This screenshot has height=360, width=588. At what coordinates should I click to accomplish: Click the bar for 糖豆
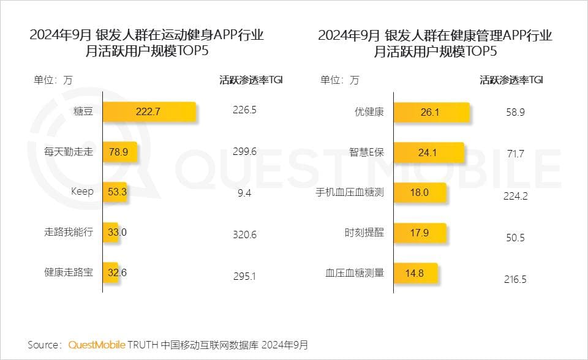coord(149,111)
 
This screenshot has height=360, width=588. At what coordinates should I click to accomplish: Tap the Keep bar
coord(115,192)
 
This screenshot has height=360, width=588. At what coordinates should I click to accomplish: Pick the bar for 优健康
coord(431,113)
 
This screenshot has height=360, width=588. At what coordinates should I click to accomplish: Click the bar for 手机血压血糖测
coord(420,193)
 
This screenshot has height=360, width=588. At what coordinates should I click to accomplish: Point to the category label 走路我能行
coord(69,232)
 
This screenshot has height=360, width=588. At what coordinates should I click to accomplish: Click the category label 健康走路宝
coord(69,272)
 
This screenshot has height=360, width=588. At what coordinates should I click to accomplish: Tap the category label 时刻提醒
coord(364,233)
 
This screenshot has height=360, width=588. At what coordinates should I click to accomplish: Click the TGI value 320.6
coord(244,234)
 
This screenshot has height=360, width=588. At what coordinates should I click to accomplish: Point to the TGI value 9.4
coord(244,193)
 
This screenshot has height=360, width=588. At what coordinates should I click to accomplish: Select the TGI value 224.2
coord(514,196)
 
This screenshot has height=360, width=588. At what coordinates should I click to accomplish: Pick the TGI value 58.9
coord(514,112)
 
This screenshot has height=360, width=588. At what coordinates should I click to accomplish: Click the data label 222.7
coord(148,111)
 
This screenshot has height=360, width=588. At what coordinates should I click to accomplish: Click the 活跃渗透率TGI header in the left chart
coord(251,80)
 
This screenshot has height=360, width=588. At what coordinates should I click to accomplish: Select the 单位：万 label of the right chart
coord(339,80)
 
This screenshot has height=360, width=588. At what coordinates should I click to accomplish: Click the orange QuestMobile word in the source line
coord(97,345)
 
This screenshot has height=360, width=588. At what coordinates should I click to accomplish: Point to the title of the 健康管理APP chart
coord(435,43)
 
